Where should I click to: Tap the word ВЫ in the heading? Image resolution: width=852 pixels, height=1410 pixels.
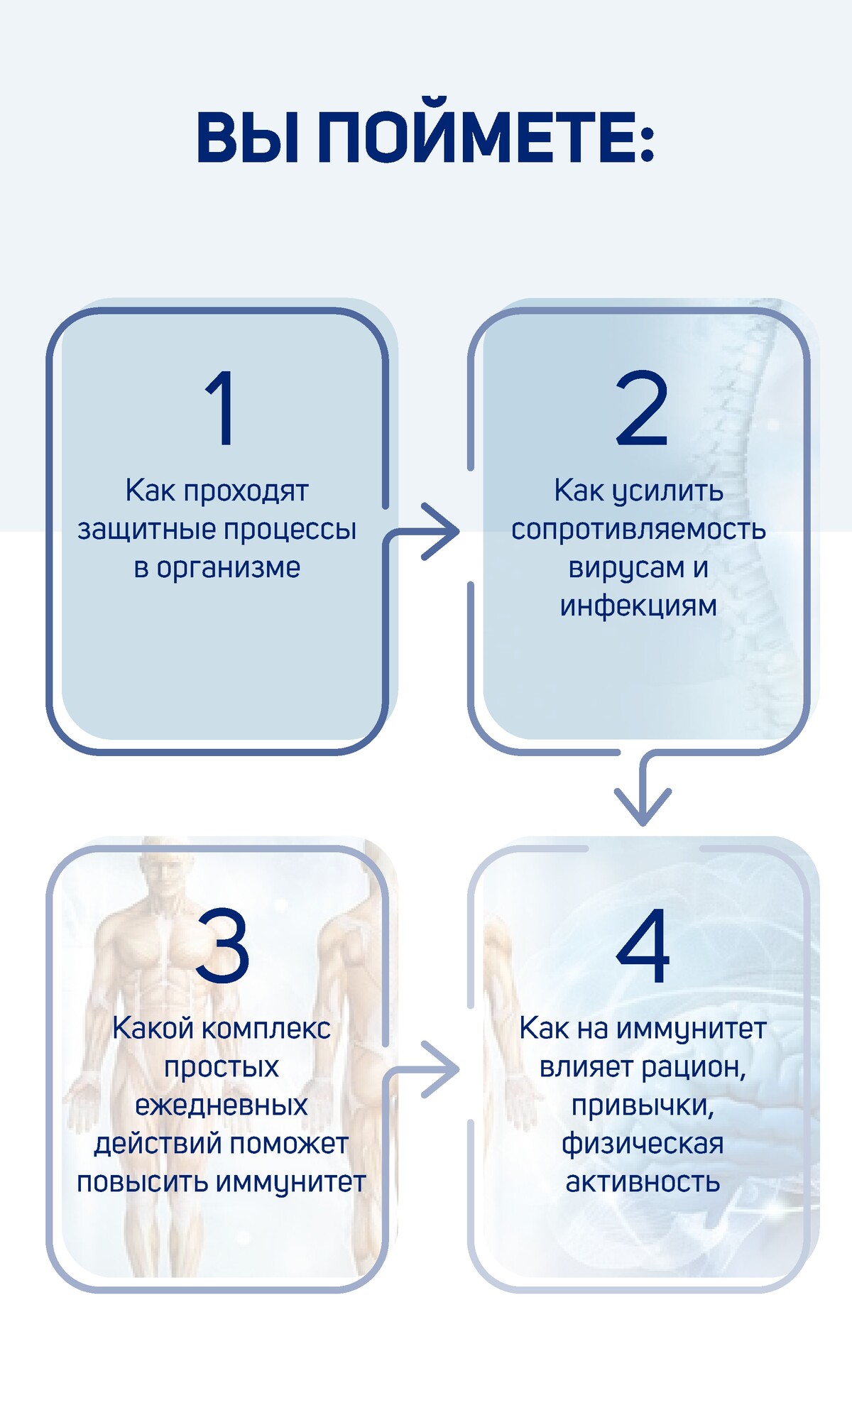(x=247, y=137)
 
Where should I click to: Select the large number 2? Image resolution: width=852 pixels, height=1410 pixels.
(x=642, y=408)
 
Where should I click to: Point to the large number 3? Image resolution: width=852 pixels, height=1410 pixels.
(x=222, y=946)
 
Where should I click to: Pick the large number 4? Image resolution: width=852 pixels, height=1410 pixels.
(x=643, y=946)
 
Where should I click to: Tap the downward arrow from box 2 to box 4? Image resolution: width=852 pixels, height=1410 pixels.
(x=643, y=788)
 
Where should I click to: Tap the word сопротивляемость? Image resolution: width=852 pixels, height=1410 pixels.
(x=638, y=530)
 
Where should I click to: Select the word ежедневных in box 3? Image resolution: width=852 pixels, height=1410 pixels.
(x=222, y=1106)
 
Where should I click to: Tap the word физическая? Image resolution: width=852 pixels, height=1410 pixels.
(x=643, y=1144)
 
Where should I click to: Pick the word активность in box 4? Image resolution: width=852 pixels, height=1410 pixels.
(x=643, y=1183)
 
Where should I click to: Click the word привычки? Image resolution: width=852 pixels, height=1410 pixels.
(x=643, y=1106)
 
